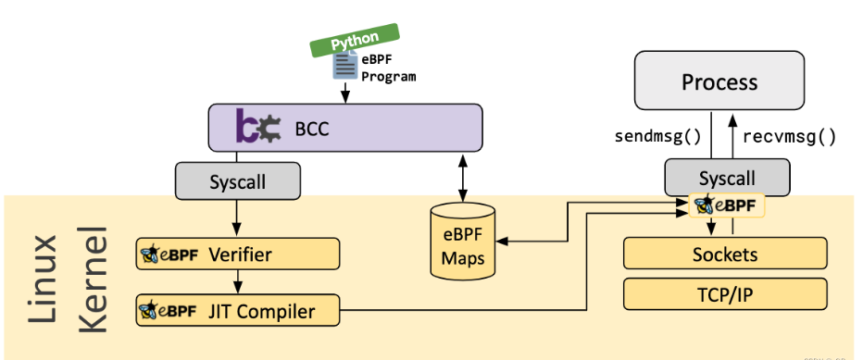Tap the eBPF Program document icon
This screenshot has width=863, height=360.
tap(345, 66)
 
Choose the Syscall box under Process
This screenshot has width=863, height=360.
tap(727, 177)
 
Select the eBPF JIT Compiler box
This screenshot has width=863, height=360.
tap(237, 311)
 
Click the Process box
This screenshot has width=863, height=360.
tap(719, 82)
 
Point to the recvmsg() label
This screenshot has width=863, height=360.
tap(790, 137)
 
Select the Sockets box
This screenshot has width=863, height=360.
tap(725, 254)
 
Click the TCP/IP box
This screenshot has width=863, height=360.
tap(725, 293)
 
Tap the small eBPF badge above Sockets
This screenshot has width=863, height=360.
tap(728, 205)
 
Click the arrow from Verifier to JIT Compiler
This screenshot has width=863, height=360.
tap(238, 281)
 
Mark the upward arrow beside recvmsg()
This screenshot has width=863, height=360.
tap(732, 135)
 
